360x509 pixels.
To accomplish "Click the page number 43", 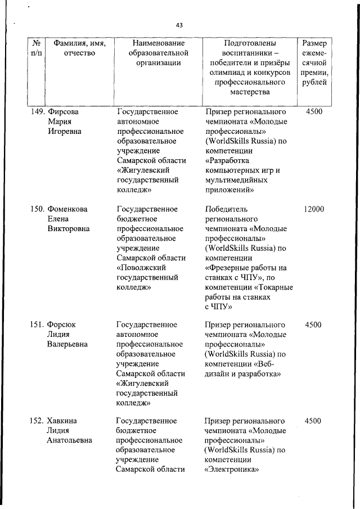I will click(x=179, y=25).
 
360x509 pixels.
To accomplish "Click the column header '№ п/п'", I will click(x=36, y=48).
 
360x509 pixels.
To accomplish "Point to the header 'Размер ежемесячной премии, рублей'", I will click(x=316, y=63).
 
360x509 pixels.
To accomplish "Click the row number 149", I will click(x=37, y=112).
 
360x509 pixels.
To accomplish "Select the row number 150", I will click(x=37, y=209).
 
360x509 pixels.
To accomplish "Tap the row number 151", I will click(x=37, y=325).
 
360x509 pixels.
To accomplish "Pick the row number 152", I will click(x=37, y=421).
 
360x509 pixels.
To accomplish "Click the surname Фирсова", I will click(x=63, y=112).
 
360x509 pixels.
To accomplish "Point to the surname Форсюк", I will click(x=62, y=325).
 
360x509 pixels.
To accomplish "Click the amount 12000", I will click(x=313, y=209).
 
